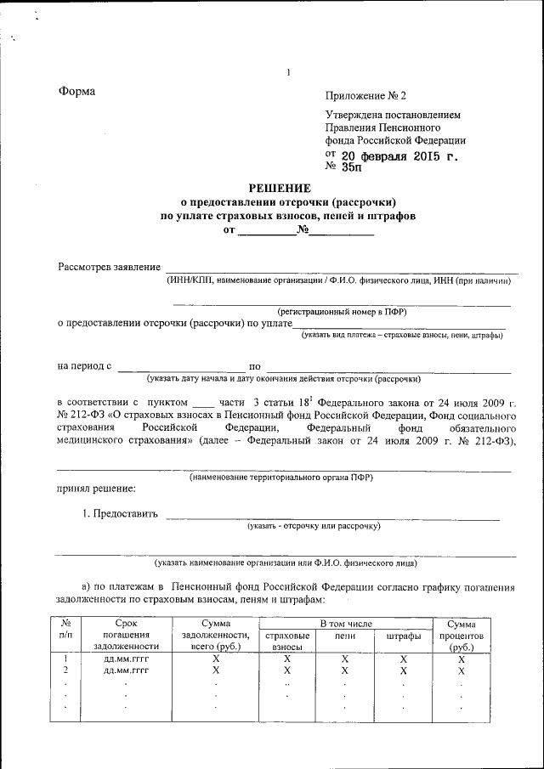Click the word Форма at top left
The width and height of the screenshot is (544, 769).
tap(76, 92)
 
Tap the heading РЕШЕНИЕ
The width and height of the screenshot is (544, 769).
tap(280, 188)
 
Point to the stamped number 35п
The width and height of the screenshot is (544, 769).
tap(351, 167)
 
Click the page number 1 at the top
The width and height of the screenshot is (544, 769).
tap(288, 72)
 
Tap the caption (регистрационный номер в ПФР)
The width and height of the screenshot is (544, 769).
tap(342, 312)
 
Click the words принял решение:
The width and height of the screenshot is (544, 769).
tap(96, 489)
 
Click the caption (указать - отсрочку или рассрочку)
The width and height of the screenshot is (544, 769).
tap(314, 527)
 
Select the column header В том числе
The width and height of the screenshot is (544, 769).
tap(346, 625)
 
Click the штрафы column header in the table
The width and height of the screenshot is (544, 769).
tap(404, 636)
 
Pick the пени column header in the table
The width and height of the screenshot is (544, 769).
tap(344, 636)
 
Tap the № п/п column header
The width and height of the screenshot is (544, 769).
tap(65, 630)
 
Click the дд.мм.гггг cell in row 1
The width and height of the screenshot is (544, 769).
tap(126, 659)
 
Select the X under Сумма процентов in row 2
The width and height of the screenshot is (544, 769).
tap(461, 670)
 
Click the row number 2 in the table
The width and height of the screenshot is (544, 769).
tap(65, 670)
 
